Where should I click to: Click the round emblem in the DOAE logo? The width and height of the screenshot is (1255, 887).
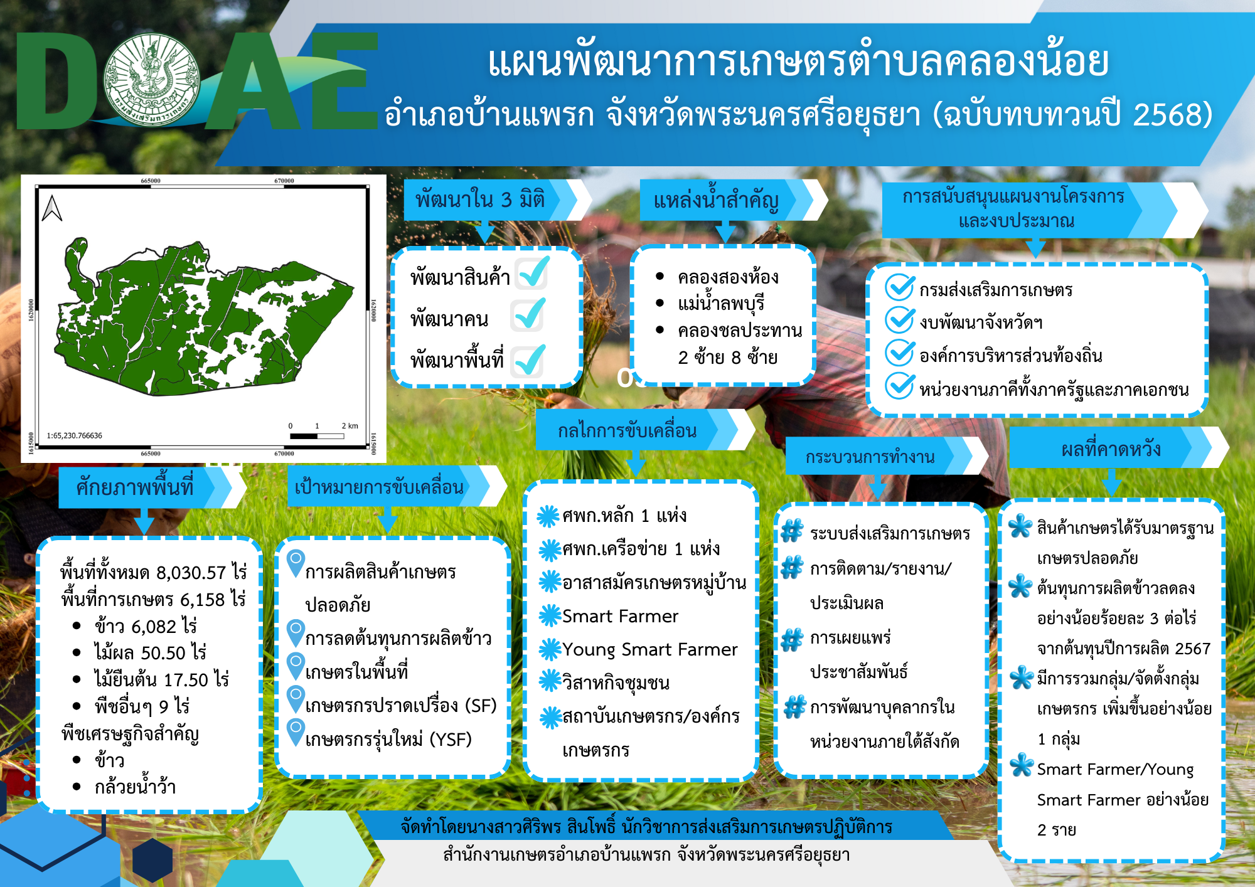click(x=152, y=80)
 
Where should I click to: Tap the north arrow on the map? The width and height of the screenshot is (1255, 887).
click(x=52, y=208)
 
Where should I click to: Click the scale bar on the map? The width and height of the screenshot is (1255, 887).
click(x=317, y=435)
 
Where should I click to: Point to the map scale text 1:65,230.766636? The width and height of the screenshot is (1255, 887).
click(x=74, y=435)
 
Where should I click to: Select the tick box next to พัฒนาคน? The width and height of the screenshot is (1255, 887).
click(x=527, y=315)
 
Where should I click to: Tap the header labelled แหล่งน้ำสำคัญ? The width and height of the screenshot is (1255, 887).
click(x=716, y=200)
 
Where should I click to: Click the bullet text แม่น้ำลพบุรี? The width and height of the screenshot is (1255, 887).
click(x=721, y=304)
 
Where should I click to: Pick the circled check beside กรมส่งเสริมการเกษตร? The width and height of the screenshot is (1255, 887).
click(x=899, y=287)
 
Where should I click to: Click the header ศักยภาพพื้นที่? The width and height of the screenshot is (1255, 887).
click(x=134, y=487)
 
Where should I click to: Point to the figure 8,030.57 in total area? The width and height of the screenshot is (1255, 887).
click(x=191, y=573)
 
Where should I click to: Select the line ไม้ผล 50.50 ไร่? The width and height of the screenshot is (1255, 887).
click(x=150, y=652)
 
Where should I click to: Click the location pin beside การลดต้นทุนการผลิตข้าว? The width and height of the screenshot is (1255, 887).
click(x=296, y=634)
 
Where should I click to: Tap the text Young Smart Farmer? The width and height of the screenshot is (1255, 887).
click(x=650, y=650)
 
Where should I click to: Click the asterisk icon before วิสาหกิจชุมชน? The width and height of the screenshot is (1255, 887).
click(x=550, y=681)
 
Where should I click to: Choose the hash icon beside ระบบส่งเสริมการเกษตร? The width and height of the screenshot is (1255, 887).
click(x=792, y=531)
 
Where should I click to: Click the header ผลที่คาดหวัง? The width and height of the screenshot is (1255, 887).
click(x=1111, y=449)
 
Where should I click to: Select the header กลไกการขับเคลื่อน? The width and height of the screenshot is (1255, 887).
click(x=627, y=431)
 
